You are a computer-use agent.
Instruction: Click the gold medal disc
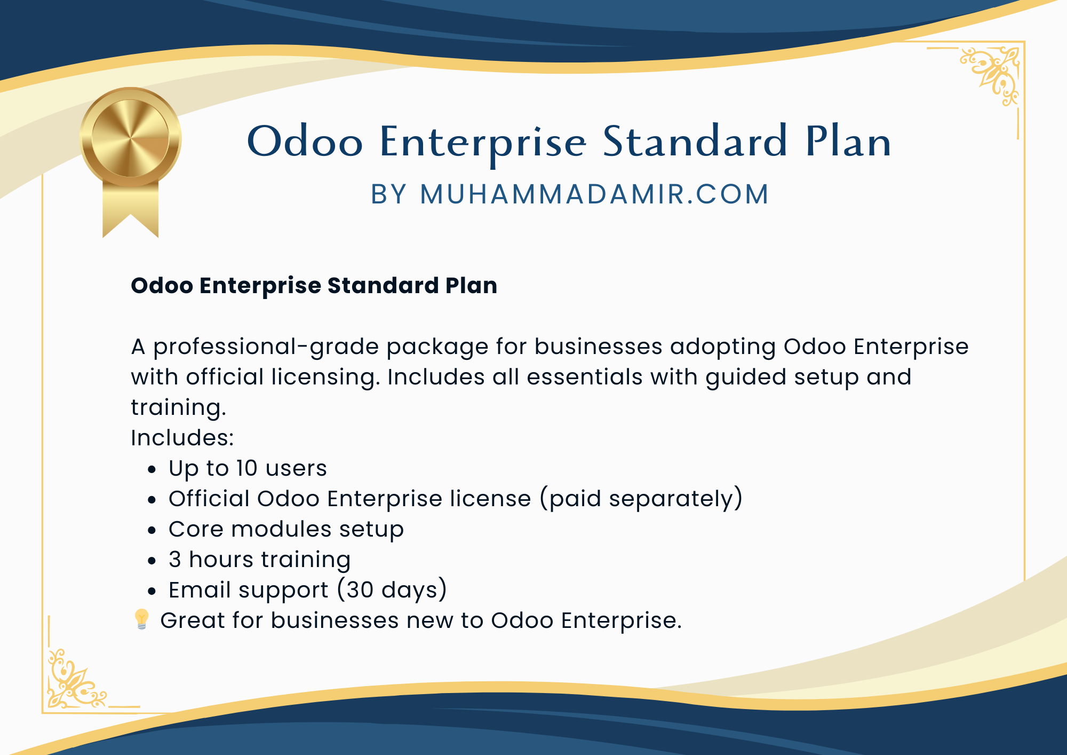[131, 138]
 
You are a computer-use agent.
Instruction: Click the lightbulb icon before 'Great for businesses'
[141, 619]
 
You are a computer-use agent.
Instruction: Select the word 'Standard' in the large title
[695, 141]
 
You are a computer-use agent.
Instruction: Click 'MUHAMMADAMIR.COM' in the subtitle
[594, 194]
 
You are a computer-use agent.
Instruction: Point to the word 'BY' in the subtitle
[389, 194]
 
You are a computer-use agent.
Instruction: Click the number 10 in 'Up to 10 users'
[247, 468]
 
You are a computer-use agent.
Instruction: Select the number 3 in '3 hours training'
[175, 560]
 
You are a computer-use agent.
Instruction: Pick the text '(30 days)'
[392, 591]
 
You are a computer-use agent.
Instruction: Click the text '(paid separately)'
[641, 499]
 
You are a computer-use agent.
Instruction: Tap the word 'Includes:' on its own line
[182, 438]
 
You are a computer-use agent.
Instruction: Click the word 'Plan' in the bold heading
[472, 286]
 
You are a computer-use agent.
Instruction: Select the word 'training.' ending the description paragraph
[179, 408]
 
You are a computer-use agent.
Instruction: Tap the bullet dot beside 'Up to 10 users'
[153, 470]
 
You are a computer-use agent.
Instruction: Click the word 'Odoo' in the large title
[305, 141]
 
